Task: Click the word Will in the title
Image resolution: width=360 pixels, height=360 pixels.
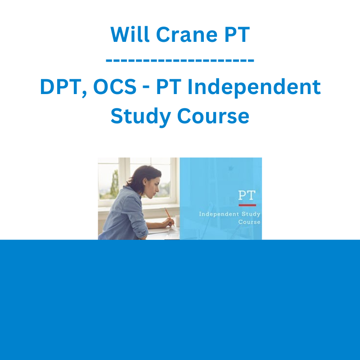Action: (x=130, y=35)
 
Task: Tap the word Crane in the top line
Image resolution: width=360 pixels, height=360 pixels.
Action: (x=187, y=35)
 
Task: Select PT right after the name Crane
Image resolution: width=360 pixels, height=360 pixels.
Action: (x=237, y=35)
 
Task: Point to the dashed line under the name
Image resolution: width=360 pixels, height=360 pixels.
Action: (x=180, y=61)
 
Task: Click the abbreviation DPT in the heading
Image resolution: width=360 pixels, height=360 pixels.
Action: (x=63, y=87)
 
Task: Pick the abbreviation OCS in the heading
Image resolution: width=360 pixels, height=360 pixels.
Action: (x=115, y=87)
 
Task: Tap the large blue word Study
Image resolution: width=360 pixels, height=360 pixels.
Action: (x=140, y=117)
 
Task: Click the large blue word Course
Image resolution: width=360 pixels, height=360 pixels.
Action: (x=213, y=116)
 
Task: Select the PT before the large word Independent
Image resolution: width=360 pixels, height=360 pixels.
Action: (x=169, y=86)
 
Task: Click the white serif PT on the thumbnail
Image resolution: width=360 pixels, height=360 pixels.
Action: (x=247, y=195)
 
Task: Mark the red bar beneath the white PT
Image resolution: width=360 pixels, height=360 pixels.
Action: (x=247, y=205)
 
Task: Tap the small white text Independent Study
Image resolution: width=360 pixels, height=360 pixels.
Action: (x=229, y=214)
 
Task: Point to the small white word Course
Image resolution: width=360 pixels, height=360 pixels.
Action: (x=249, y=222)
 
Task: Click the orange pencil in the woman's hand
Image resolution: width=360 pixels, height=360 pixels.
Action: (x=170, y=216)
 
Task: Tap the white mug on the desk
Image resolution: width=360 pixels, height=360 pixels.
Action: (x=177, y=221)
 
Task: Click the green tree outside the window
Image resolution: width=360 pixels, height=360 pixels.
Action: (x=115, y=184)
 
